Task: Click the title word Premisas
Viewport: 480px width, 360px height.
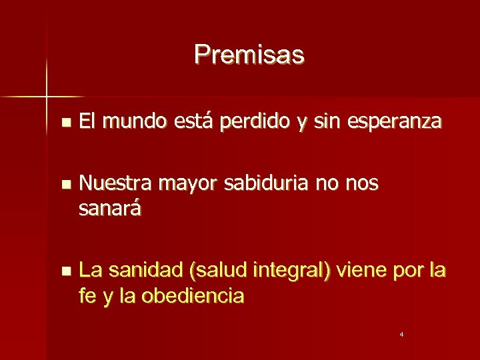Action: point(249,55)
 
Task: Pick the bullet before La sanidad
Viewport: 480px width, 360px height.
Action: point(64,271)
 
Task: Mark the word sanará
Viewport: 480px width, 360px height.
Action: point(110,209)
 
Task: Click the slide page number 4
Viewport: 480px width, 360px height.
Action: point(402,333)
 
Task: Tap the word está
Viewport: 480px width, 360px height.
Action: point(195,122)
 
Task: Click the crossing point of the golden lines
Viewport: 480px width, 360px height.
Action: point(47,97)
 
